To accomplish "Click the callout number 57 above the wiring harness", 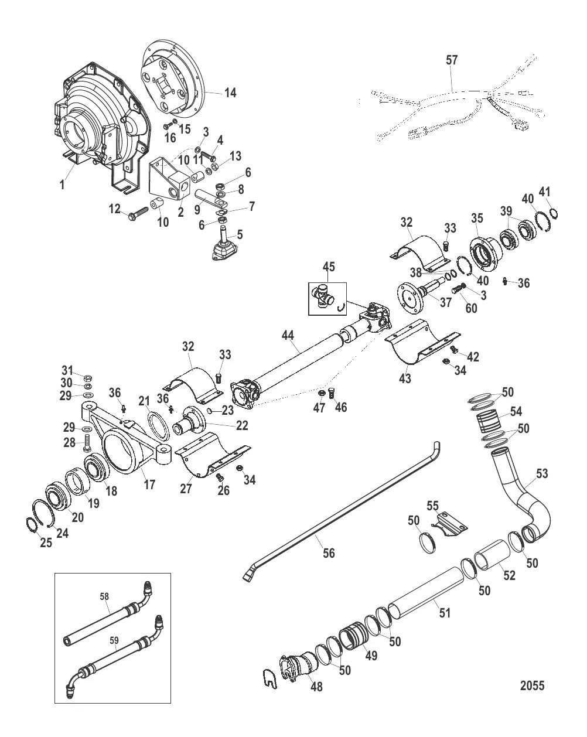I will [x=452, y=60].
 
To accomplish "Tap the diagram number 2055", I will [x=531, y=685].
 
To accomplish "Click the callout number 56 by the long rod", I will [x=329, y=552].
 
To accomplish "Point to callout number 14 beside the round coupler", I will [x=230, y=93].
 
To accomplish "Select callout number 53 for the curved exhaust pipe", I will [x=542, y=473].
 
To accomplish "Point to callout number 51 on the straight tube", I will [x=445, y=613].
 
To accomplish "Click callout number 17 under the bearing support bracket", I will [x=149, y=486].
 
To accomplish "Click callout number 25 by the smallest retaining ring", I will [x=46, y=542].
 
